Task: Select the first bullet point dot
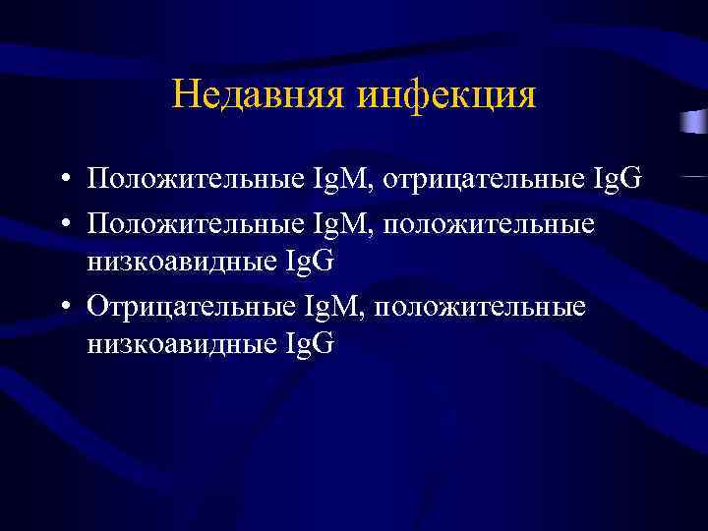(x=62, y=181)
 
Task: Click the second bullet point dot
(x=62, y=224)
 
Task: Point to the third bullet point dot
(x=62, y=308)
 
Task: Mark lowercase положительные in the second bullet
(x=489, y=222)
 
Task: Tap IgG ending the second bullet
(x=309, y=261)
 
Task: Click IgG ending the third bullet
(x=309, y=343)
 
